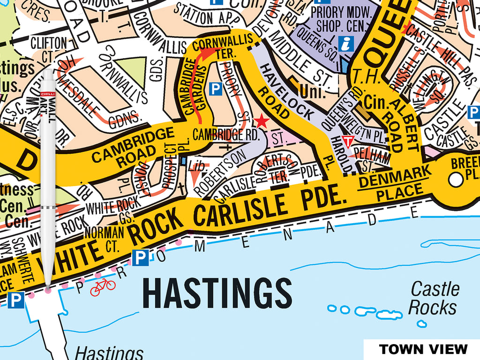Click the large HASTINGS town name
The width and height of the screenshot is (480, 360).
(x=217, y=293)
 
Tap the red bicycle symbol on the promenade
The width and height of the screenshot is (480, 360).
(x=103, y=286)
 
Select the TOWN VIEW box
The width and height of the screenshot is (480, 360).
(x=423, y=349)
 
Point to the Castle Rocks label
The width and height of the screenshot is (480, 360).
(x=433, y=299)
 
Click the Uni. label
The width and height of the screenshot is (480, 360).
(x=313, y=92)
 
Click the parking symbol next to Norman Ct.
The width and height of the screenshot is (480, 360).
(x=141, y=256)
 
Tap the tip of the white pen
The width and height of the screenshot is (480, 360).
(x=48, y=289)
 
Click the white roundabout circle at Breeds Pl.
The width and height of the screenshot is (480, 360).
(x=454, y=179)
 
